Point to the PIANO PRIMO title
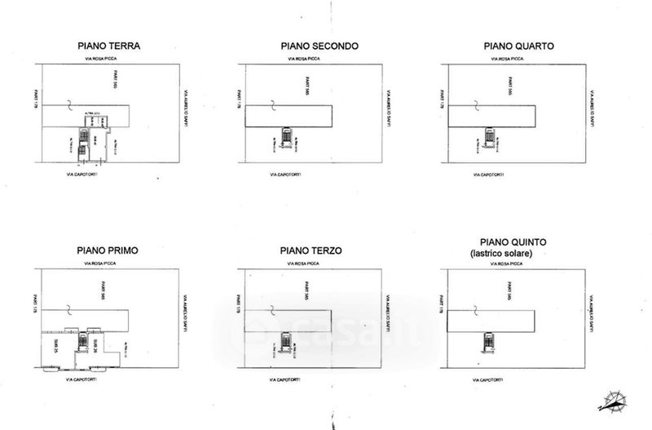pos(108,249)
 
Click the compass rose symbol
pos(613,401)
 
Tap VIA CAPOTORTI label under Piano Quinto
pos(491,379)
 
